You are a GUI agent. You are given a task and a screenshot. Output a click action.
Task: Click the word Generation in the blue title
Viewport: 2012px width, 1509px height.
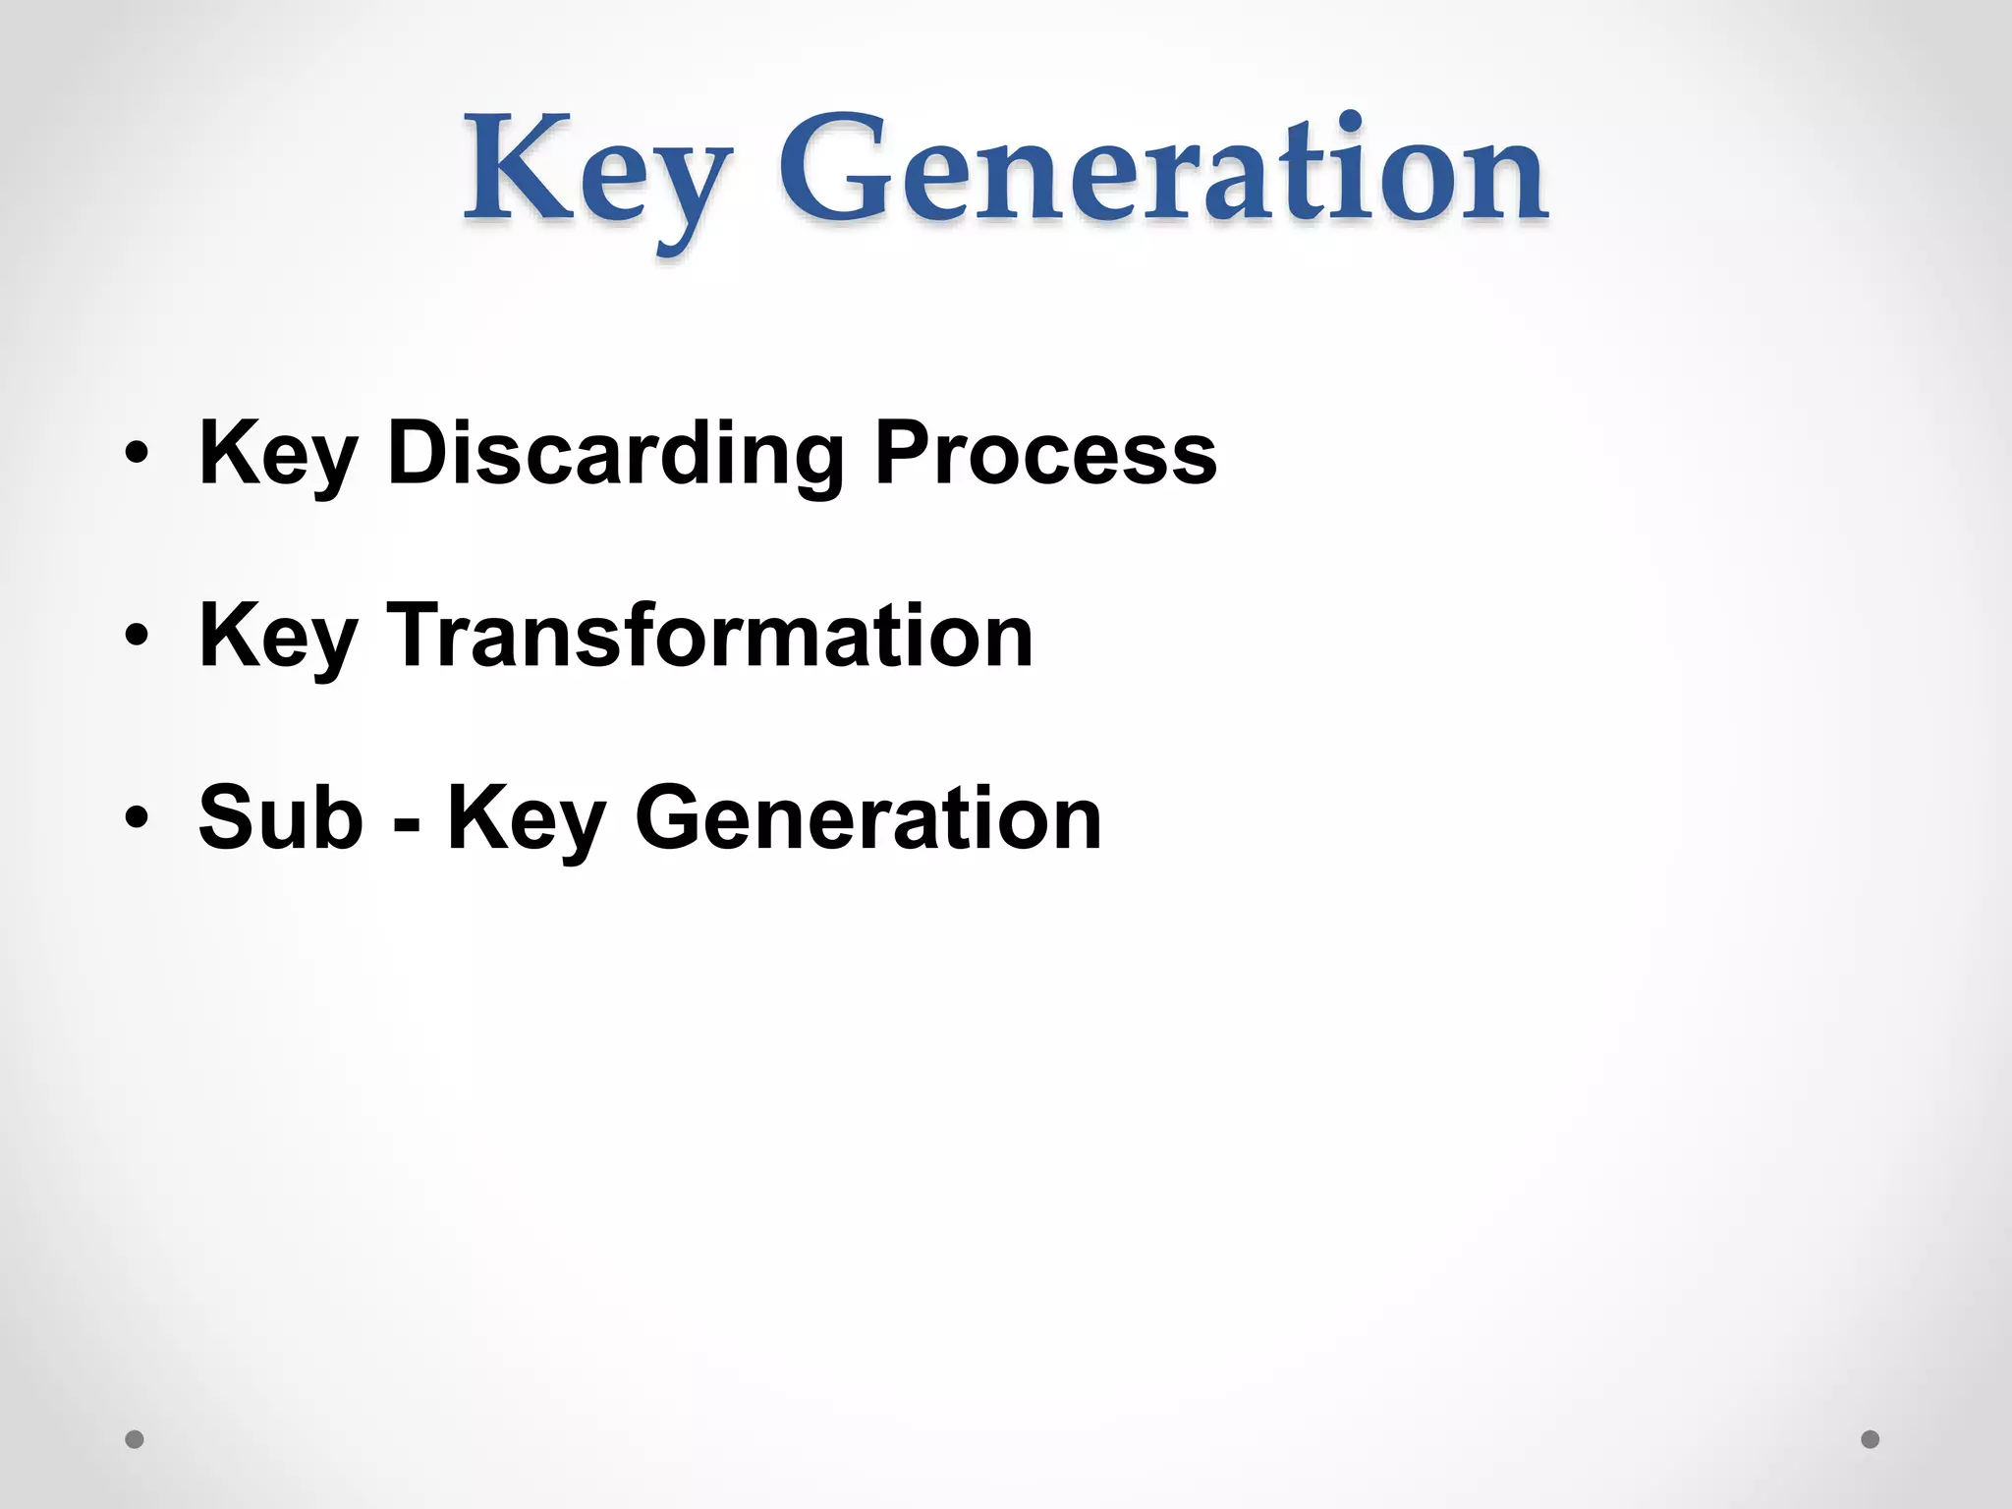pos(1163,167)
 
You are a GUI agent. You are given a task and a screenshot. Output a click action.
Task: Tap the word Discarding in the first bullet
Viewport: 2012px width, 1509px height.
pos(615,454)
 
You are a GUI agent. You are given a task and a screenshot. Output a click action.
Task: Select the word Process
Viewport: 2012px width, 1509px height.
pos(1045,454)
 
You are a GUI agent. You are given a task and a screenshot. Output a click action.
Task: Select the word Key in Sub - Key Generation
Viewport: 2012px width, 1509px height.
pos(526,819)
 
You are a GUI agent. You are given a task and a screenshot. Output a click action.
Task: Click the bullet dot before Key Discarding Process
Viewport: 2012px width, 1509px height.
pos(137,454)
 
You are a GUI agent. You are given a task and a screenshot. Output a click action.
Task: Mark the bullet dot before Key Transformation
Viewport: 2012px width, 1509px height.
pos(137,636)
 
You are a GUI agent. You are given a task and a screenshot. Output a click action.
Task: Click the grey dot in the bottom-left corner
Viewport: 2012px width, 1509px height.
pos(135,1439)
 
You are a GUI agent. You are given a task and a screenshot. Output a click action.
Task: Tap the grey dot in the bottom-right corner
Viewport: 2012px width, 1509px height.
pos(1871,1439)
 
